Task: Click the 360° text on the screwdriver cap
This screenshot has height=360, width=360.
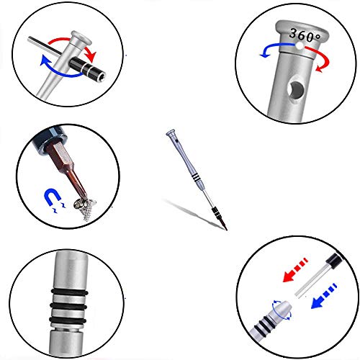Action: coord(305,35)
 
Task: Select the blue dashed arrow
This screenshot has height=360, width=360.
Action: coord(324,297)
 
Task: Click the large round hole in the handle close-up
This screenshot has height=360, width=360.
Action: coord(296,90)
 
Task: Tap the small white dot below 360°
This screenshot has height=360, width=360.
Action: coord(300,46)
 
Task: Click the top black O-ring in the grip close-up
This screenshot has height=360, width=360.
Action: coord(69,292)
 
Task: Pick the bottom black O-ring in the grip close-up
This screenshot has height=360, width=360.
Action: coord(68,320)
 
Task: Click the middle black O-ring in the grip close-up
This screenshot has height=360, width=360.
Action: coord(68,306)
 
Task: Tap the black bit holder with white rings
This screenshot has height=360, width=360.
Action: coord(87,69)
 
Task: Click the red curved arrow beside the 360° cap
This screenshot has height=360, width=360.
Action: coord(322,58)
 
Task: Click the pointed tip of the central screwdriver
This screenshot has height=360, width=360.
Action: coord(227,230)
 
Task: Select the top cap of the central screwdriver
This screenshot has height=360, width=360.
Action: coord(171,132)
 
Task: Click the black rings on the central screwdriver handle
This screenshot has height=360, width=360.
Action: coord(196,177)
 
